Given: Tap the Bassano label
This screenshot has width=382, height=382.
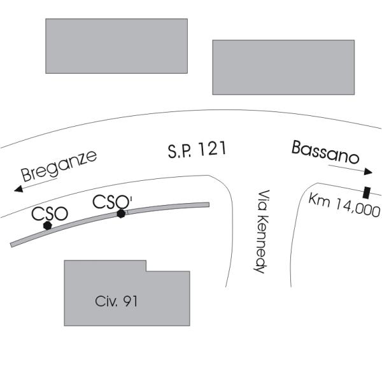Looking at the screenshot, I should [325, 153].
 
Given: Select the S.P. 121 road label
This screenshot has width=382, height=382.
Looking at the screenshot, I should [197, 151].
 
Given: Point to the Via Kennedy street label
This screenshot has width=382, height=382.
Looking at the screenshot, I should [259, 232].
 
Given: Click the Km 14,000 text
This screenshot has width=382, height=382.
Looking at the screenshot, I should [344, 205].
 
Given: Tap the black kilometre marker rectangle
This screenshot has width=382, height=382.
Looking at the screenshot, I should [367, 192].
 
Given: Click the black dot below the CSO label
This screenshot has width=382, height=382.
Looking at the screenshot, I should [47, 225].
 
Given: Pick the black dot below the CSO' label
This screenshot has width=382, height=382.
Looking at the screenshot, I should [121, 214].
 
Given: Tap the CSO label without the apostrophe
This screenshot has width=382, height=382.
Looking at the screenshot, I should [50, 213].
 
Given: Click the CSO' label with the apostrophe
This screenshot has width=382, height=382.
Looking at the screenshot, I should [113, 202].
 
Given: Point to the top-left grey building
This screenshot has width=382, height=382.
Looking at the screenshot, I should [117, 46].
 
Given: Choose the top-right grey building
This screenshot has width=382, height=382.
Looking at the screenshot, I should [283, 67].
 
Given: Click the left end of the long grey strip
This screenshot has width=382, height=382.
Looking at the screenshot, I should [13, 244].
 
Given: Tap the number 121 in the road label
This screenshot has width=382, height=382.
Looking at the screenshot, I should [212, 150].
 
